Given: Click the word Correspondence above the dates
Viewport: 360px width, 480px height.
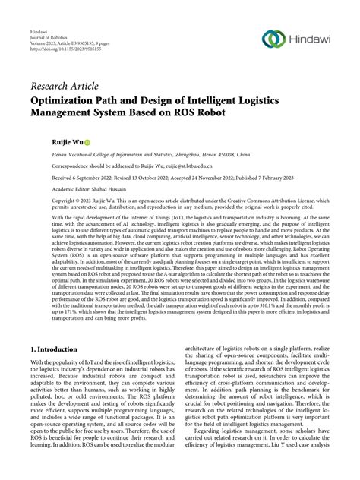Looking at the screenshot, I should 54,164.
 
